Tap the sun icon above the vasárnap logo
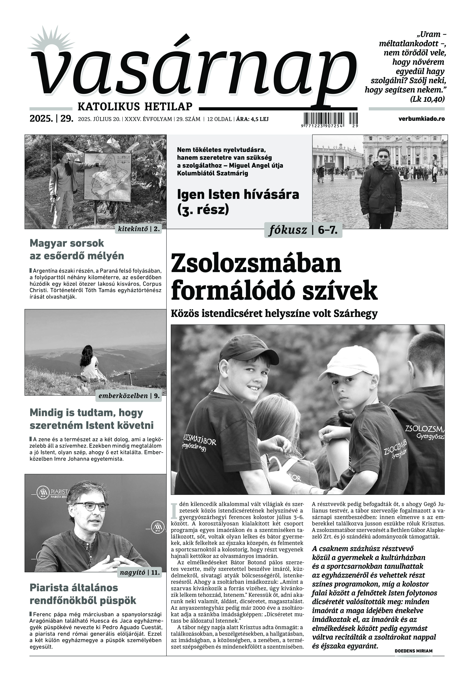click(45, 42)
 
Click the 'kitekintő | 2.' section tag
click(139, 229)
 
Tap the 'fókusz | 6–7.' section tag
click(303, 230)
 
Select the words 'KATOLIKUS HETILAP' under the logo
click(135, 106)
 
